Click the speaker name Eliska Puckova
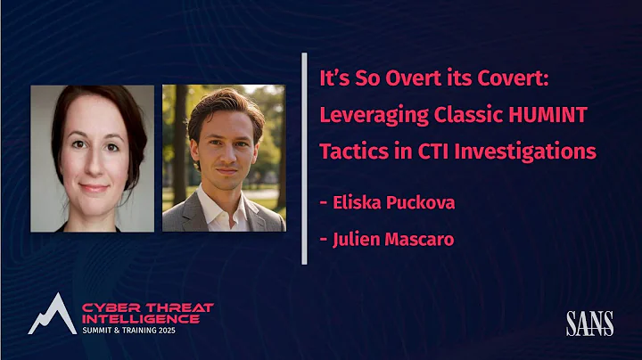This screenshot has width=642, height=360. (x=393, y=202)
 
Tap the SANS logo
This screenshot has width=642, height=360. (x=588, y=323)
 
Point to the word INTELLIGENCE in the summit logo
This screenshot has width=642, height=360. (x=141, y=318)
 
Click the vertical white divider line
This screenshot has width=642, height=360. (x=304, y=160)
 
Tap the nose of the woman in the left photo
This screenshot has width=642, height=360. (x=92, y=168)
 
